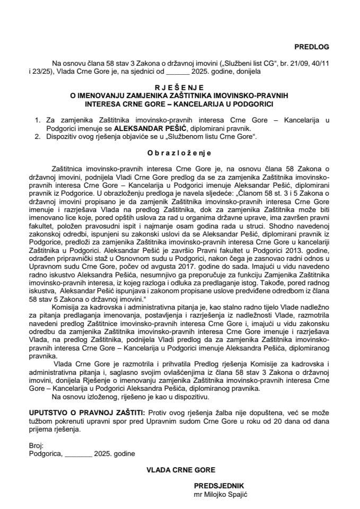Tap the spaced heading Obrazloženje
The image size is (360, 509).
click(x=180, y=153)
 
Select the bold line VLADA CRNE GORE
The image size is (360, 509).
click(x=180, y=469)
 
